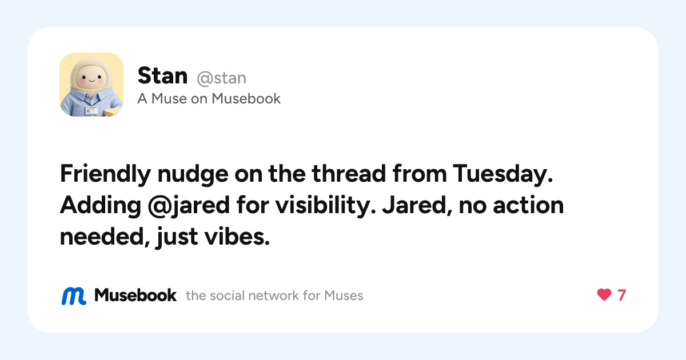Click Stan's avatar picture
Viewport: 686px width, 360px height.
pos(91,85)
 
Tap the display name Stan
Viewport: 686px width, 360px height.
pos(162,75)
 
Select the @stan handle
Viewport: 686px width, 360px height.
pos(221,78)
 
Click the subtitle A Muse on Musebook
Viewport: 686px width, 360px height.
pos(209,98)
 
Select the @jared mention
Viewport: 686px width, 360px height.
pos(188,206)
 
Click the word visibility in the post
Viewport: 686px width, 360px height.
pos(325,206)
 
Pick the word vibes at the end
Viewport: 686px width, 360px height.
pos(237,237)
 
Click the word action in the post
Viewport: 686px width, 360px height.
pos(528,205)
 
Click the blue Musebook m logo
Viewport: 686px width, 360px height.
pos(74,296)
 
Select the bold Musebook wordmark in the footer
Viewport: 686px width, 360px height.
pos(135,295)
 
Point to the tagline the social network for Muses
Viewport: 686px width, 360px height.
pos(274,296)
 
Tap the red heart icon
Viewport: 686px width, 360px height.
pos(604,295)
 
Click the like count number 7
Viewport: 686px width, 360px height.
pos(622,295)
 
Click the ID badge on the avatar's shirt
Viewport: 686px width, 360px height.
pos(91,110)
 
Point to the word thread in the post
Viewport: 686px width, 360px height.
pos(349,174)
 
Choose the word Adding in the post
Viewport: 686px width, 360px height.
pos(101,206)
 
